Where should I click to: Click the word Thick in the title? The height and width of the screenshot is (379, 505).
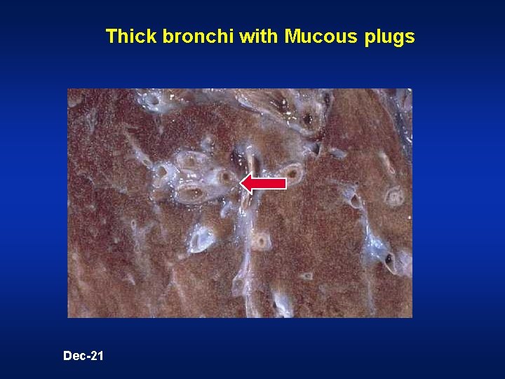pyautogui.click(x=125, y=36)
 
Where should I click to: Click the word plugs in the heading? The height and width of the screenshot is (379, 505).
pyautogui.click(x=390, y=36)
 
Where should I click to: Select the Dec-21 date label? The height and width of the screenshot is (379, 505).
pyautogui.click(x=83, y=356)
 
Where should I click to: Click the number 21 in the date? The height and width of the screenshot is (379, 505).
pyautogui.click(x=96, y=356)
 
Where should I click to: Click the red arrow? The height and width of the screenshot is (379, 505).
pyautogui.click(x=264, y=183)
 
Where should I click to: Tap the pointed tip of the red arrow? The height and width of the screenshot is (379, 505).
pyautogui.click(x=242, y=183)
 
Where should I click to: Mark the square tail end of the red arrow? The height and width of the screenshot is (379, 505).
pyautogui.click(x=284, y=183)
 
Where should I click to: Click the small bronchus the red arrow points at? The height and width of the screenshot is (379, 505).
pyautogui.click(x=226, y=178)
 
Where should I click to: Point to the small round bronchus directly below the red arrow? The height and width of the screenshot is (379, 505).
pyautogui.click(x=262, y=242)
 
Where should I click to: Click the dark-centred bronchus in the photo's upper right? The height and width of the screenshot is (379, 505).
pyautogui.click(x=307, y=118)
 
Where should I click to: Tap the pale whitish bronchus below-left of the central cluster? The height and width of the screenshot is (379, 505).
pyautogui.click(x=201, y=239)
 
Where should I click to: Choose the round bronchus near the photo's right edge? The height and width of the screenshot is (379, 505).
pyautogui.click(x=395, y=197)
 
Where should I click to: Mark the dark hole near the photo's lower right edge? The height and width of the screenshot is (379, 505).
pyautogui.click(x=389, y=259)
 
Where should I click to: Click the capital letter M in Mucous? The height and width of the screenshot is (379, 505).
pyautogui.click(x=292, y=36)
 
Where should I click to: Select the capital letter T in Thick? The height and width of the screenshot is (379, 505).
pyautogui.click(x=110, y=36)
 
